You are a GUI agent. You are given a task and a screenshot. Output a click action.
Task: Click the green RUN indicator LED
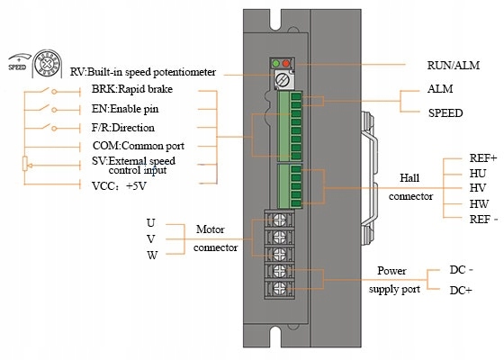[x=275, y=63]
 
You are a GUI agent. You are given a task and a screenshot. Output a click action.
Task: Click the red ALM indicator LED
[x=286, y=63]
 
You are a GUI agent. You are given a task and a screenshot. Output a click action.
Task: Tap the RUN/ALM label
[x=454, y=65]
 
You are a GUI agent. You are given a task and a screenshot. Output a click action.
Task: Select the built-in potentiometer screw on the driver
[x=283, y=80]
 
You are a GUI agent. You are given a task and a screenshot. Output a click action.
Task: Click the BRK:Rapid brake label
[x=132, y=89]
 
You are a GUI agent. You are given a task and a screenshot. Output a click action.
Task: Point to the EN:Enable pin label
[x=125, y=109]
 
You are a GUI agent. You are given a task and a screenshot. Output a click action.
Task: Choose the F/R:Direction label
[x=123, y=128]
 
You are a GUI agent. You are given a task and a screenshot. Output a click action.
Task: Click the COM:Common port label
[x=139, y=146]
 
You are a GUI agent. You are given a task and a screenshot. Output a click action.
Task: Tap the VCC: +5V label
[x=119, y=186]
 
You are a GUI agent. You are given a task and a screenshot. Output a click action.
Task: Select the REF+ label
[x=483, y=158]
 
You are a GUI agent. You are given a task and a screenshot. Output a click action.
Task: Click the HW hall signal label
[x=479, y=203]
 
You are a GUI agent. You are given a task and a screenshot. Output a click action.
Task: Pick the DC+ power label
[x=461, y=290]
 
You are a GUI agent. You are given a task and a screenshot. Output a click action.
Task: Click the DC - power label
[x=461, y=270]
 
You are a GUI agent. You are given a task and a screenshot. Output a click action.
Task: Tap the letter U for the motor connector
[x=151, y=223]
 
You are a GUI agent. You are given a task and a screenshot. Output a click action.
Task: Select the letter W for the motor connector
[x=152, y=256]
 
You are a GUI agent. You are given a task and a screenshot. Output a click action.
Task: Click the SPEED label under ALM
[x=445, y=113]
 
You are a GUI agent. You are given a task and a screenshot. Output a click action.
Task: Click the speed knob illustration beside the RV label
[x=48, y=64]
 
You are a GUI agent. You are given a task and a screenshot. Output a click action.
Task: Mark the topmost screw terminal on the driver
[x=279, y=220]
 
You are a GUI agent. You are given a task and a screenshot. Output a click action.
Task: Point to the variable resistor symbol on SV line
[x=25, y=164]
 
